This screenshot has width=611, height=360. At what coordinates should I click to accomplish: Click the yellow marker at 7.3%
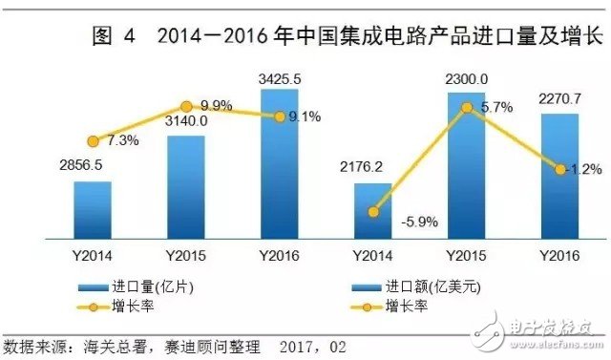tap(93, 140)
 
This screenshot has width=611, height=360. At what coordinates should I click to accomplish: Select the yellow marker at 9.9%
tap(186, 105)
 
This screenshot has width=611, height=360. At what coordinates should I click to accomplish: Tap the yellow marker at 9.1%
tap(280, 116)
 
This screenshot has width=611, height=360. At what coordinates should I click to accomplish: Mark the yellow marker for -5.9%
tap(373, 212)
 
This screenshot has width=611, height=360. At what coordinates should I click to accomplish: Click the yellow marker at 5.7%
tap(467, 108)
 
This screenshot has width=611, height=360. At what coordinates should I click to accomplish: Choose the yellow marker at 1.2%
tap(559, 169)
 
